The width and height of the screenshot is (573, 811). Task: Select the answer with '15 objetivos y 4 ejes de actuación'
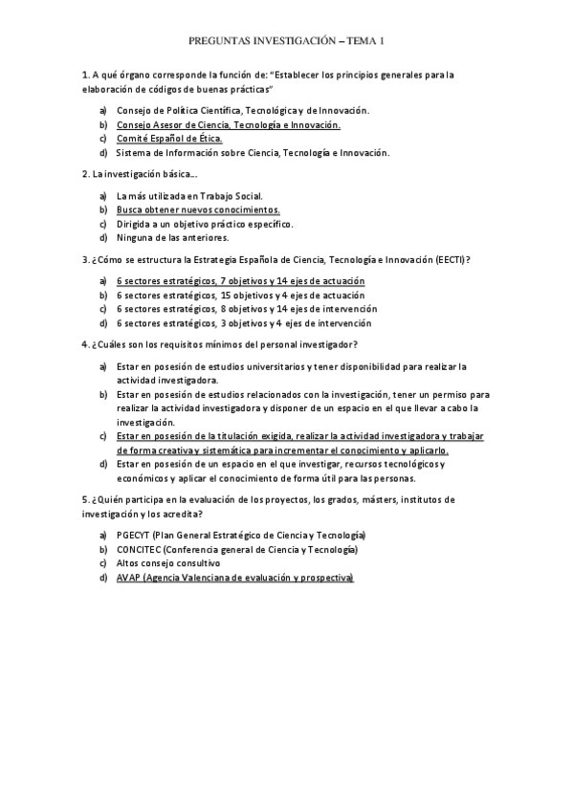(x=240, y=295)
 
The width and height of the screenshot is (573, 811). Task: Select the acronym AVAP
(x=128, y=578)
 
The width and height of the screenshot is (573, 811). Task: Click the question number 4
(x=85, y=344)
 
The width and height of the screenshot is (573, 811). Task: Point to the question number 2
(x=85, y=174)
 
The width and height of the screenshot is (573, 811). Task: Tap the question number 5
(x=85, y=499)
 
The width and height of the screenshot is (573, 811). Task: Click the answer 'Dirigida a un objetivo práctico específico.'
(x=205, y=224)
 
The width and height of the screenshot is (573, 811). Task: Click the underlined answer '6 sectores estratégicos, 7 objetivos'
(x=240, y=281)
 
